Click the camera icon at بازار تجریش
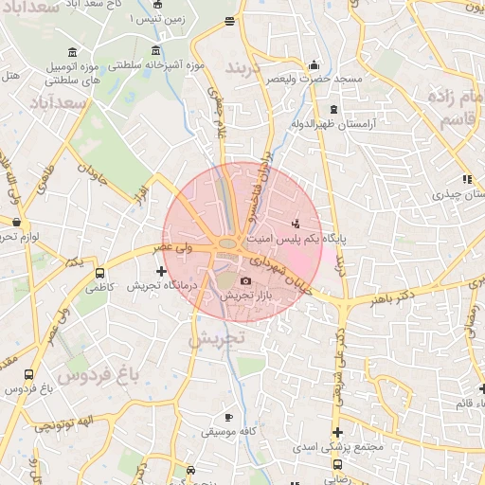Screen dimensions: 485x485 (246, 281)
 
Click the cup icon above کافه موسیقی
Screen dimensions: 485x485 (227, 417)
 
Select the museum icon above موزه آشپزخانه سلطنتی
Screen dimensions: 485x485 (155, 50)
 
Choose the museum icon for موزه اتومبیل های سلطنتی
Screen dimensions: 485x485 (74, 51)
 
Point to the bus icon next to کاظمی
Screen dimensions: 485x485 (100, 274)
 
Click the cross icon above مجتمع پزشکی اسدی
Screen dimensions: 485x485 (337, 433)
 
